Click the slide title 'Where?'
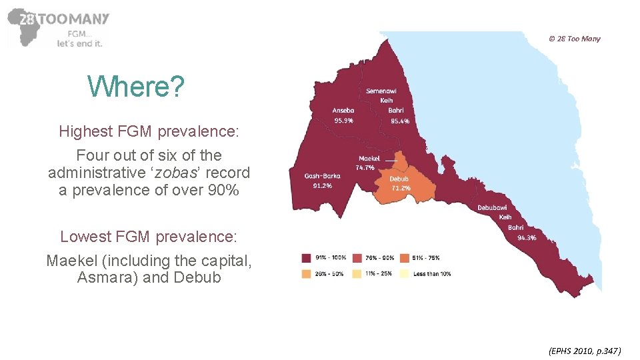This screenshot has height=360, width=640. [x=136, y=86]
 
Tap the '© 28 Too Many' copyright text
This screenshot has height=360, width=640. [x=574, y=39]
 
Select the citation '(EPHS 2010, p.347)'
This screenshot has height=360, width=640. [x=584, y=350]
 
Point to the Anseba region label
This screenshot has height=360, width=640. [x=343, y=111]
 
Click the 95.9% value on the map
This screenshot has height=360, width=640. [x=343, y=121]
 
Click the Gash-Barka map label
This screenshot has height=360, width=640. [x=323, y=176]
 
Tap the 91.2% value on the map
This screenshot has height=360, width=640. [x=323, y=186]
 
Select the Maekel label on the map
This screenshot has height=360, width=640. [x=369, y=159]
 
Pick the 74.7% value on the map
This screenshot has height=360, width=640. [x=365, y=168]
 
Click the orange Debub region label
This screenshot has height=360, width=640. [x=399, y=179]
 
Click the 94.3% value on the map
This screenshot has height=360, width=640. [x=527, y=237]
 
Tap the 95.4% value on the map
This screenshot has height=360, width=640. [x=400, y=121]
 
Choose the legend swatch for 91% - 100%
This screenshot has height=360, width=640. [x=307, y=258]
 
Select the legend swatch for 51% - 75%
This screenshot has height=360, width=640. [x=405, y=258]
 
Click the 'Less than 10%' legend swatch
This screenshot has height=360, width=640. [x=405, y=273]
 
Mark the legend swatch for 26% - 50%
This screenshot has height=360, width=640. [x=307, y=273]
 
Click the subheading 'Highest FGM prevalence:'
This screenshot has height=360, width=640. [x=149, y=131]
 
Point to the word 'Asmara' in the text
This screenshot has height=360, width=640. [x=107, y=277]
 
